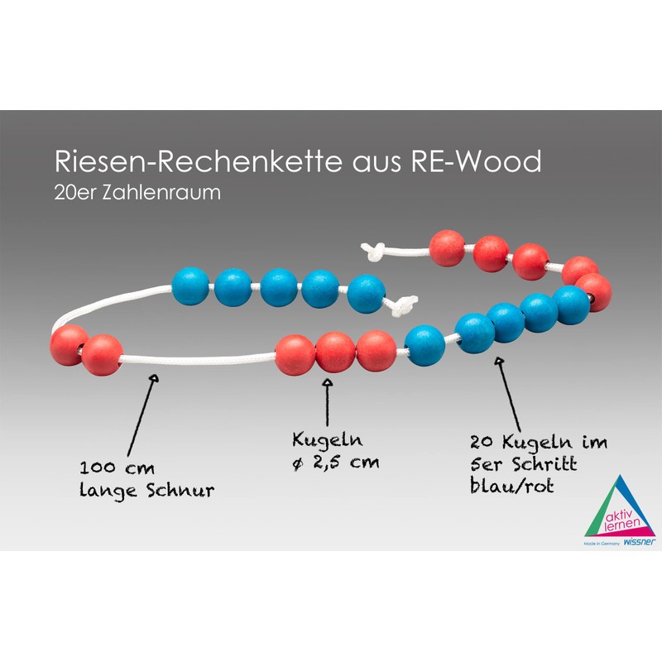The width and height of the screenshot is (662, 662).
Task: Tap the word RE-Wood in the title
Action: [475, 161]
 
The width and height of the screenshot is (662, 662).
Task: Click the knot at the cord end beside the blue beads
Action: [404, 306]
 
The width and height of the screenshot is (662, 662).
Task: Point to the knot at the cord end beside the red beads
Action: [374, 250]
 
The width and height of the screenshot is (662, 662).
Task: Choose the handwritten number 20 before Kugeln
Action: [479, 442]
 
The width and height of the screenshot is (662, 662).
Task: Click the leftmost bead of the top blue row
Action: [190, 286]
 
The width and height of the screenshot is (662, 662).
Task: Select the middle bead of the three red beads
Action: [335, 352]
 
